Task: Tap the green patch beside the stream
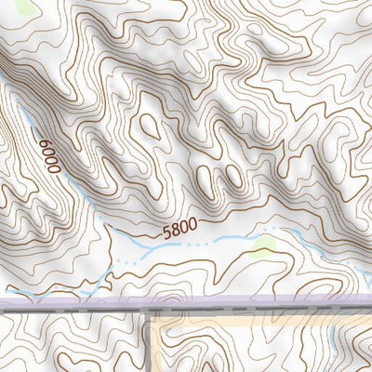[264, 246]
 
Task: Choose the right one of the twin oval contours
[232, 175]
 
